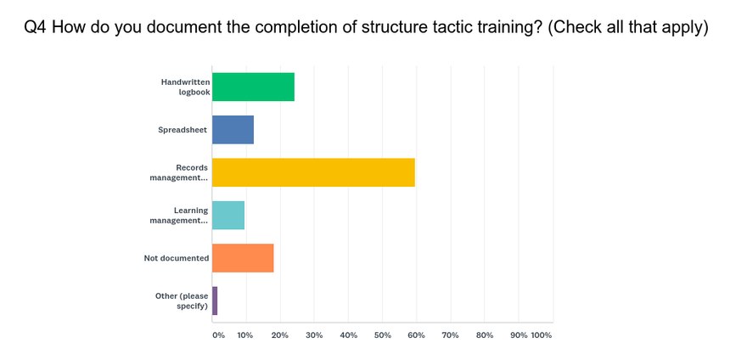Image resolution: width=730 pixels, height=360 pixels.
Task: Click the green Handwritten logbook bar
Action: (253, 87)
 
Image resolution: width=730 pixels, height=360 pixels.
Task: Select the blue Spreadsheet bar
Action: (233, 130)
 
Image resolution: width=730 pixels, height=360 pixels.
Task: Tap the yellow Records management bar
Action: (313, 172)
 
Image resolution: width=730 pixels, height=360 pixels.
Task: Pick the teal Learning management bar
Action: (228, 215)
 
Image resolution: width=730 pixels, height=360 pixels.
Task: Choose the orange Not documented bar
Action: (243, 258)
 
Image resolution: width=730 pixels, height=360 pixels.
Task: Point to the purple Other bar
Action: (215, 301)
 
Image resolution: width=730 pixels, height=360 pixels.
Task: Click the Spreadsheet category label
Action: (182, 130)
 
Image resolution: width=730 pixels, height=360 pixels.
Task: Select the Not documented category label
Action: (177, 258)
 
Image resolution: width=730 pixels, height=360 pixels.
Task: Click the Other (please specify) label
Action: (182, 301)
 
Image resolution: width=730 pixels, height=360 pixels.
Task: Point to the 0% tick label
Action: (218, 335)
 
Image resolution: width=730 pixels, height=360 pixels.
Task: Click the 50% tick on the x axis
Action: (382, 335)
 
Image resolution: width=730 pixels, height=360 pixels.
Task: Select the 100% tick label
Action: (542, 335)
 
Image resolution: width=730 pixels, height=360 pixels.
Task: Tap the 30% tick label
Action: (314, 335)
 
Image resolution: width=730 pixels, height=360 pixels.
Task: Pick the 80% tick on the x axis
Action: (485, 335)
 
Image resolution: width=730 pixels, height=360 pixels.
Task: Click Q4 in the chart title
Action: (36, 27)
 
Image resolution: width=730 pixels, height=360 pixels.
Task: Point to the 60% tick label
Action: (417, 335)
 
